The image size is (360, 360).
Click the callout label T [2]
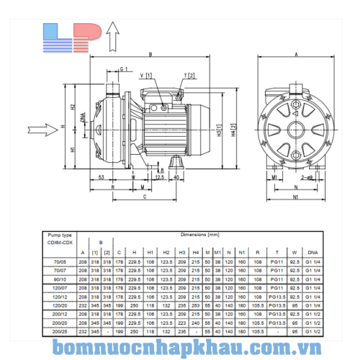point(189,75)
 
